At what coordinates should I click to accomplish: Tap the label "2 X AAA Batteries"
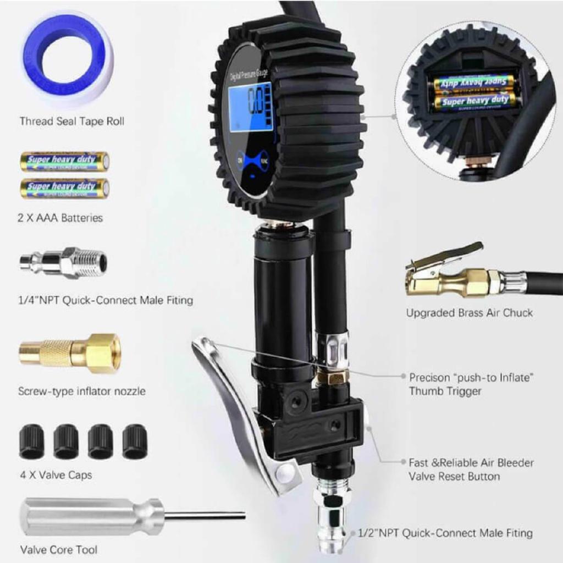point(60,218)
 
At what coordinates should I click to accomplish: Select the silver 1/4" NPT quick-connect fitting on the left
point(63,263)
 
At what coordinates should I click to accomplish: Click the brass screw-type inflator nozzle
point(70,352)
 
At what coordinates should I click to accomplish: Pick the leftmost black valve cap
point(32,441)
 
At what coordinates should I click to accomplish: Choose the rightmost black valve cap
point(135,441)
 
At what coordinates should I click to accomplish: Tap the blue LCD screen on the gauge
point(251,107)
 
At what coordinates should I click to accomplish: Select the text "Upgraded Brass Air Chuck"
point(470,313)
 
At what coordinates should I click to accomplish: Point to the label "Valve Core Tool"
point(59,549)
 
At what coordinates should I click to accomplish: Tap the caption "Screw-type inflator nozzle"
point(82,391)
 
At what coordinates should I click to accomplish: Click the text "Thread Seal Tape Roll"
point(72,121)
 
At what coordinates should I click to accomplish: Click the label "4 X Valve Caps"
point(56,475)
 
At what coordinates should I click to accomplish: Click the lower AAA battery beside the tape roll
point(64,188)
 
